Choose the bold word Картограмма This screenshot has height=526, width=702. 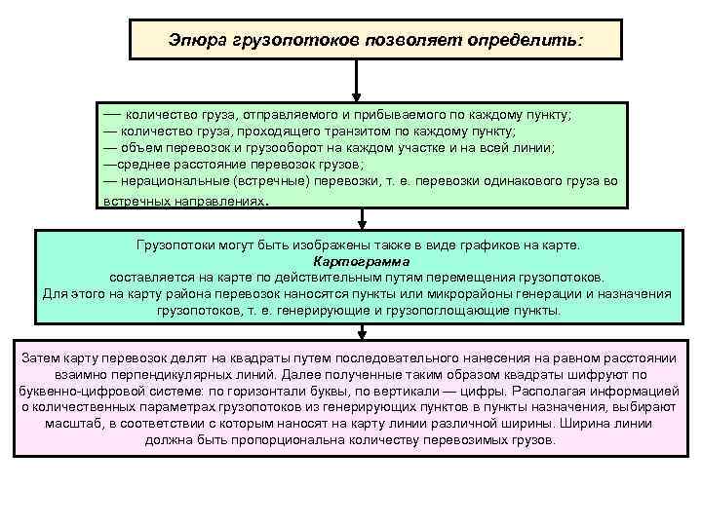click(362, 261)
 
